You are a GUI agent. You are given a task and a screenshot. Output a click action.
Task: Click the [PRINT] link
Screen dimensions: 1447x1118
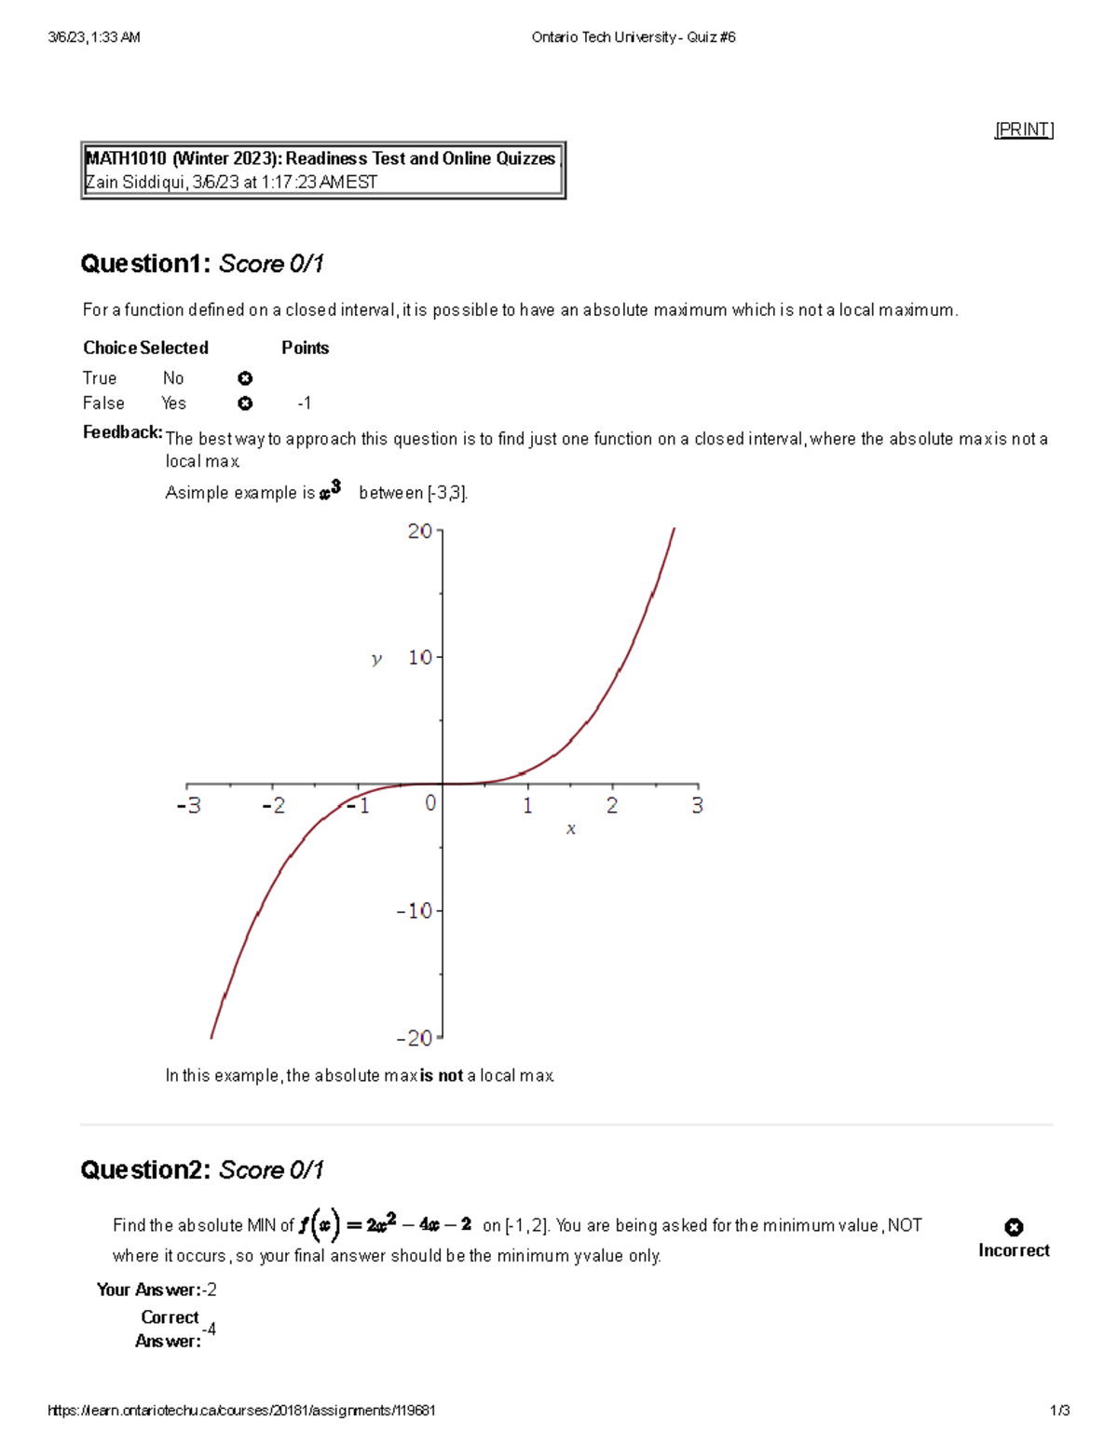pyautogui.click(x=1024, y=130)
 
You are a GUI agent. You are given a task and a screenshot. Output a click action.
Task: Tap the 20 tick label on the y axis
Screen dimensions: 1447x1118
pyautogui.click(x=419, y=531)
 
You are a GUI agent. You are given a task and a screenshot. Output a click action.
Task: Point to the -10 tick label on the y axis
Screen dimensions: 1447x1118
pyautogui.click(x=415, y=910)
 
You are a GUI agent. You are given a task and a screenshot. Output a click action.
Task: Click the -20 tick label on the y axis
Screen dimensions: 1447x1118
pyautogui.click(x=415, y=1038)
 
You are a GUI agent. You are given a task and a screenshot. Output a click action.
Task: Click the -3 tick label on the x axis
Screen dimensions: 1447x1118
pyautogui.click(x=188, y=805)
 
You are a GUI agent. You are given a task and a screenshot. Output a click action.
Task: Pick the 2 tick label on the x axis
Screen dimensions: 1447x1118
pyautogui.click(x=612, y=805)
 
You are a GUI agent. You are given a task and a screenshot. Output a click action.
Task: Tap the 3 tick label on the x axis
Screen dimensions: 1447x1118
pyautogui.click(x=697, y=805)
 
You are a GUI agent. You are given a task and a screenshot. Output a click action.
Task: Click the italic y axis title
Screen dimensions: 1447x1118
pyautogui.click(x=376, y=659)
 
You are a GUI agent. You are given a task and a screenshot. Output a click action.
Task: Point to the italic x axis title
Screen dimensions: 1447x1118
pyautogui.click(x=570, y=828)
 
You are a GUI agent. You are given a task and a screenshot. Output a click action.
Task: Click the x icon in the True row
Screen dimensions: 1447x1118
pyautogui.click(x=245, y=378)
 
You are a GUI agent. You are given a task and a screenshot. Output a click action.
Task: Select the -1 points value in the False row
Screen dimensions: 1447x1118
pyautogui.click(x=304, y=403)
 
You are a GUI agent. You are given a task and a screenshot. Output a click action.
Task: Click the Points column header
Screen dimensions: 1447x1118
pyautogui.click(x=305, y=348)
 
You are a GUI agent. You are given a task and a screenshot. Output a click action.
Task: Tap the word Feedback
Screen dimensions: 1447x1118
pyautogui.click(x=122, y=432)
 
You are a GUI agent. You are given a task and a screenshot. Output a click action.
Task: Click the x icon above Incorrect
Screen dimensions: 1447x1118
pyautogui.click(x=1014, y=1227)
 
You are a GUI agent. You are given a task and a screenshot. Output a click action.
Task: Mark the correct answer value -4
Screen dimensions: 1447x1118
pyautogui.click(x=209, y=1329)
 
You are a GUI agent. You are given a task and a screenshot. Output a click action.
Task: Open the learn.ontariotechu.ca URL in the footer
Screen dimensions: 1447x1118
pyautogui.click(x=241, y=1411)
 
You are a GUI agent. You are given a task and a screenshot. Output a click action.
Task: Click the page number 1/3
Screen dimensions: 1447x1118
pyautogui.click(x=1059, y=1411)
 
